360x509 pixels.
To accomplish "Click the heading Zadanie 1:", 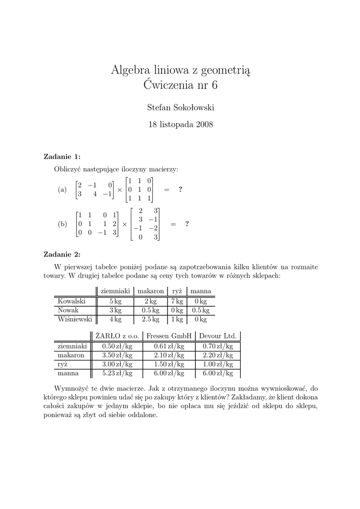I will (x=62, y=157).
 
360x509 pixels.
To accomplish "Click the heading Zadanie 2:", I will (x=62, y=254).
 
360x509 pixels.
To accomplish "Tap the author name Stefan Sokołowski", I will (x=180, y=107).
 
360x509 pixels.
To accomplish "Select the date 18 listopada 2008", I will (x=180, y=124).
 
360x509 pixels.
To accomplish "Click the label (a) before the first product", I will (x=62, y=189).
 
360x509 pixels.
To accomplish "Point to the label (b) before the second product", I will (x=62, y=224).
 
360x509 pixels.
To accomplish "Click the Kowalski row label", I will (x=72, y=301).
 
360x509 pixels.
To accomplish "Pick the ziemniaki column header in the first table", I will (x=115, y=291).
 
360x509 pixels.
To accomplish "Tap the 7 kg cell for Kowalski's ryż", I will (x=177, y=301).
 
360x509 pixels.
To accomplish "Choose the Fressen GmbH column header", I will (x=169, y=336).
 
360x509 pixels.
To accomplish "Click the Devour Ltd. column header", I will (x=218, y=336).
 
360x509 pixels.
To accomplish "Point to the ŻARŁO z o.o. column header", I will (x=117, y=336).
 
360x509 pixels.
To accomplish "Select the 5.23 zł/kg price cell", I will (x=117, y=373).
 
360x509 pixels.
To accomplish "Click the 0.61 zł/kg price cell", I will (x=169, y=346).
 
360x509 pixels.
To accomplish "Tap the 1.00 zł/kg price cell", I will (x=218, y=364).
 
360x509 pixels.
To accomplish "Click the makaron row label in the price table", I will (x=71, y=355).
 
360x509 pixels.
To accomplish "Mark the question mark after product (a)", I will (x=180, y=189).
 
